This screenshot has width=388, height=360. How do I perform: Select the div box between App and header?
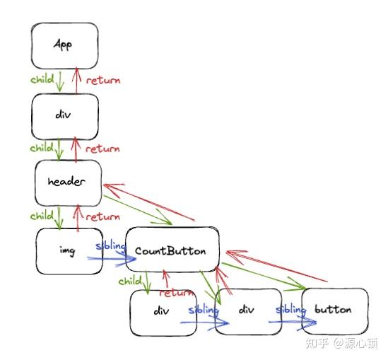64,115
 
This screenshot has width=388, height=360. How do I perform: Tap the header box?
67,182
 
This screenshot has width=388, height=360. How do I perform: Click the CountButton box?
170,250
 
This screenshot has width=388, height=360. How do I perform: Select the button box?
334,310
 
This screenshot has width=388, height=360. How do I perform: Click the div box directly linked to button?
246,310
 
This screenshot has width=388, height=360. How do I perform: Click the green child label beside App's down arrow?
42,80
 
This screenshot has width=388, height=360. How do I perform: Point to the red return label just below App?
103,80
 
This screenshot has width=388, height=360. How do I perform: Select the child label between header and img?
42,216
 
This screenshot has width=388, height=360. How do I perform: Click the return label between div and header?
103,149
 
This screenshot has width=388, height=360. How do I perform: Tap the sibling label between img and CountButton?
110,246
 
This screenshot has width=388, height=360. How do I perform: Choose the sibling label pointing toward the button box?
290,310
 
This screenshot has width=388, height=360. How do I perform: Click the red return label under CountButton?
177,293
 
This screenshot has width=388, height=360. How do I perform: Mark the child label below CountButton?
130,281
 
